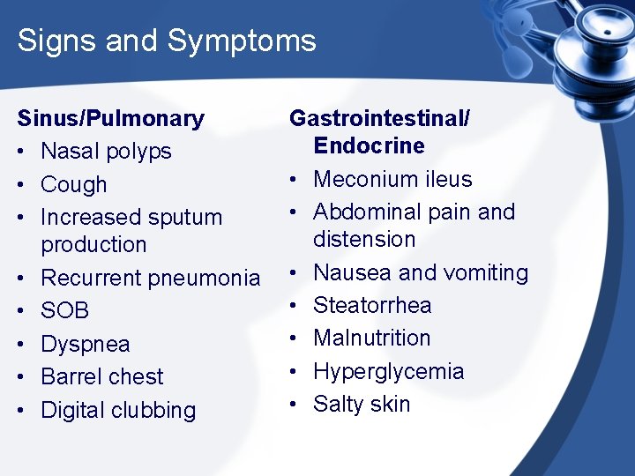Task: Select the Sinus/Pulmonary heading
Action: (x=111, y=118)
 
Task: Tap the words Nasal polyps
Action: (x=106, y=152)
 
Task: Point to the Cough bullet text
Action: (x=74, y=184)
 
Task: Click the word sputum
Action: (x=185, y=218)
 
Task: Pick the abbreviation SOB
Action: (x=65, y=310)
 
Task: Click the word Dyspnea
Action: (x=86, y=344)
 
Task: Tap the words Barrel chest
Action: (x=102, y=376)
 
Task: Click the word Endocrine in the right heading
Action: (x=369, y=146)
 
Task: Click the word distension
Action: (x=364, y=239)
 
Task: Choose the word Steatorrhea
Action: (x=372, y=305)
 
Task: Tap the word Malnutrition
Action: (x=371, y=338)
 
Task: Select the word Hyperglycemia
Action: (x=388, y=371)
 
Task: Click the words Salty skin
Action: (x=362, y=404)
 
